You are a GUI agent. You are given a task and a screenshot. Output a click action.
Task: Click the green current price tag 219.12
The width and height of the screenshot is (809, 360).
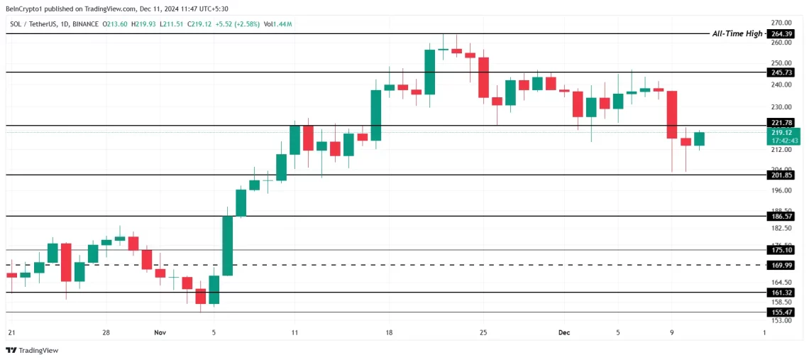click(783, 132)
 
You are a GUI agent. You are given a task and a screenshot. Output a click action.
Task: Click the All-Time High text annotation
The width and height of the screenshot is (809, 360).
click(737, 33)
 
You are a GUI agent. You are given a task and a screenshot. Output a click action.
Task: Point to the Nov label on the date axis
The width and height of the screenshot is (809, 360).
click(160, 332)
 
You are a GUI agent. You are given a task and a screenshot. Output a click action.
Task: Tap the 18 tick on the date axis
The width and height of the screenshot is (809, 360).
click(389, 332)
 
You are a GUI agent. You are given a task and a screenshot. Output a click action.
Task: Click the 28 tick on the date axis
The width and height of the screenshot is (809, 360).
click(105, 332)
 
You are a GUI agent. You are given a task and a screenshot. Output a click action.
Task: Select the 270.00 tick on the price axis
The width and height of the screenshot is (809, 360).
click(781, 23)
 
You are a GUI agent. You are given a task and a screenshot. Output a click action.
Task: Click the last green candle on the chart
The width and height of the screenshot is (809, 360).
click(699, 139)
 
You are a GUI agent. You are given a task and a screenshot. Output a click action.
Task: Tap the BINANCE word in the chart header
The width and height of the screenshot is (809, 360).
click(85, 24)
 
